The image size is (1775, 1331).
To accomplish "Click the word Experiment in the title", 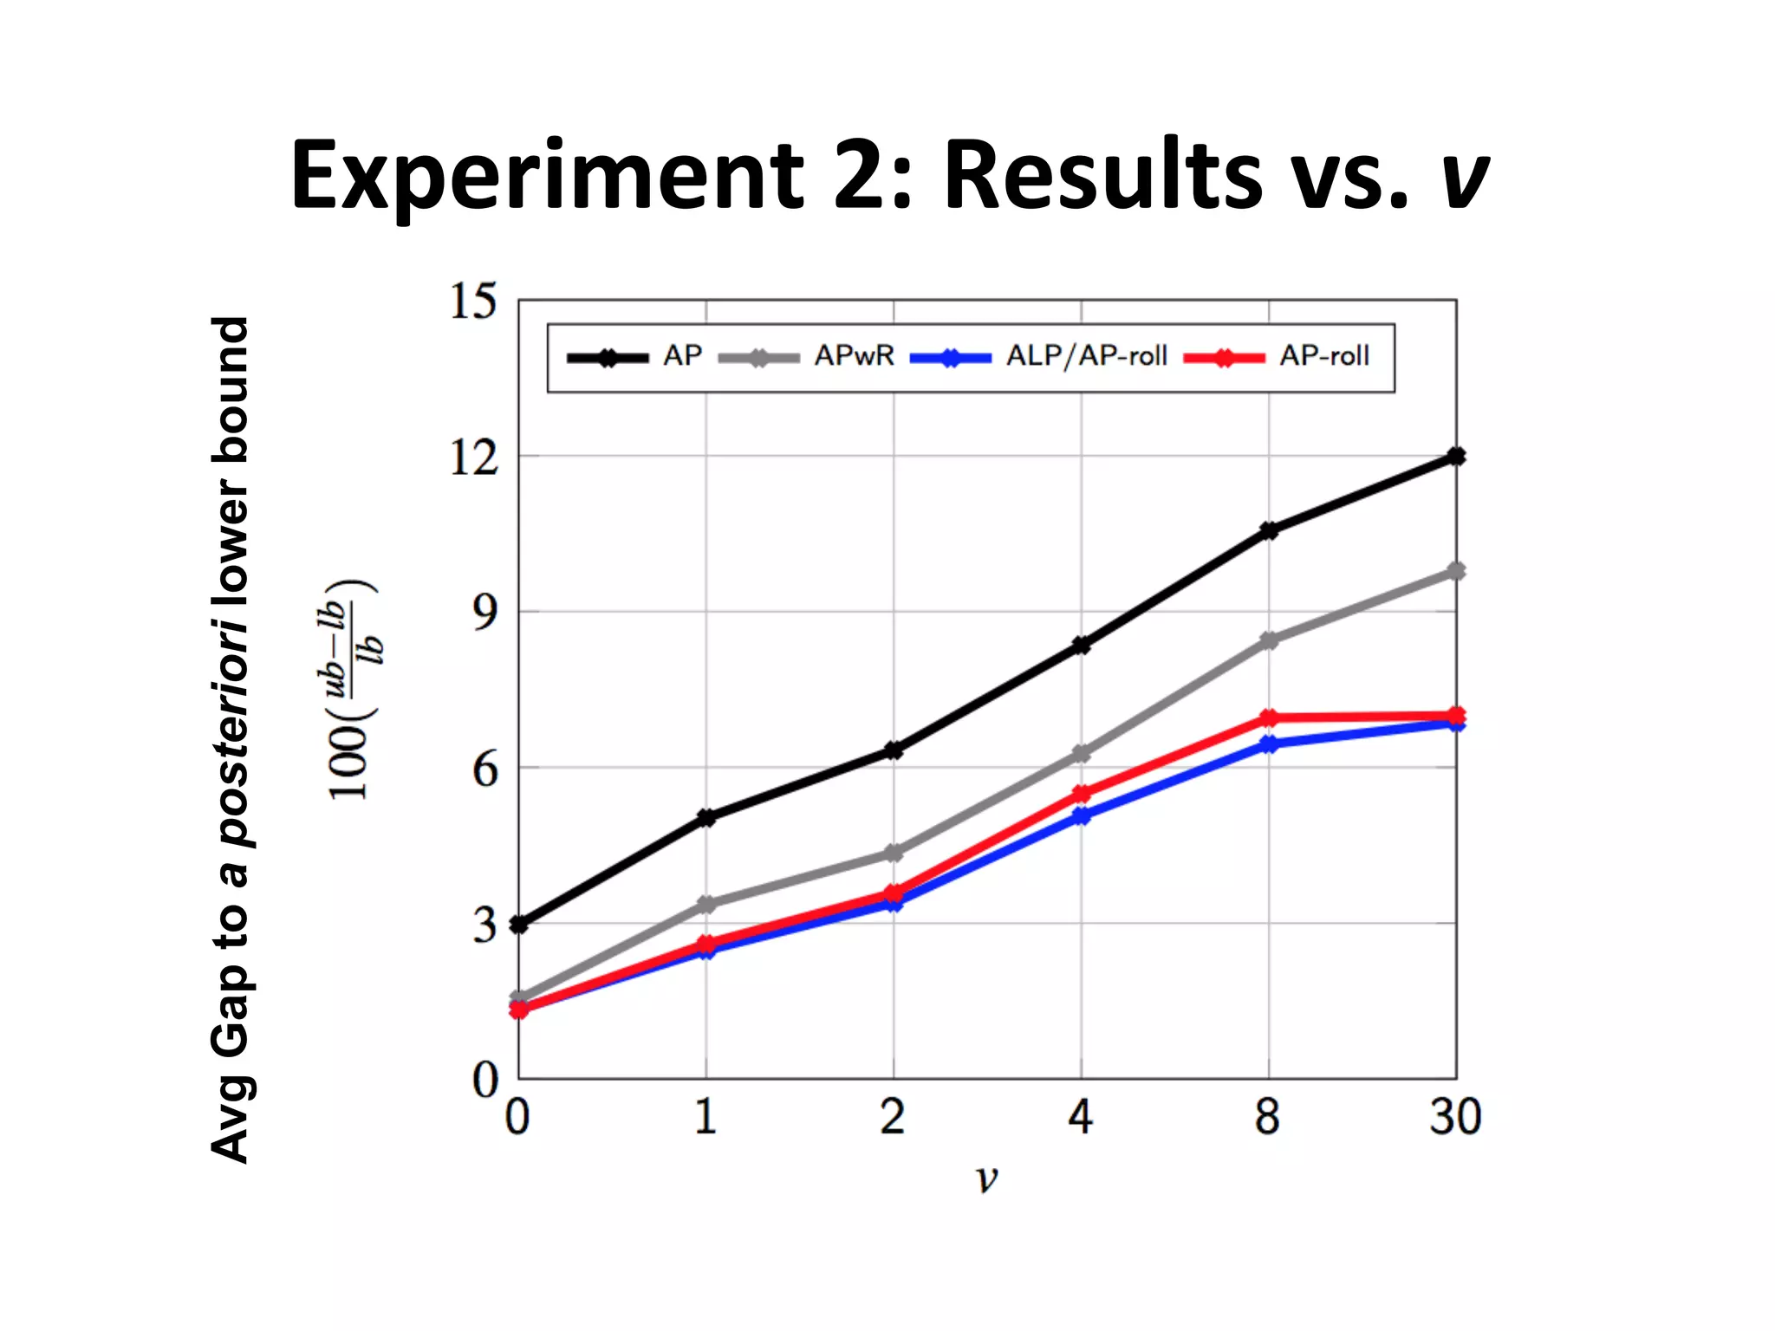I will [548, 177].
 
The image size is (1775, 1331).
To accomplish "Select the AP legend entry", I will [682, 356].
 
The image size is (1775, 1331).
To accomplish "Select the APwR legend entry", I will [853, 356].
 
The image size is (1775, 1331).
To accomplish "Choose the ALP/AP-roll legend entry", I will [1086, 356].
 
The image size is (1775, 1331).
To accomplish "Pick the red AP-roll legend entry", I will [1323, 356].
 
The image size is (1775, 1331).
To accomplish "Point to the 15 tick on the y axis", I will [473, 302].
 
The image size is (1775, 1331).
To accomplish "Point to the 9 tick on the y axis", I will [484, 613].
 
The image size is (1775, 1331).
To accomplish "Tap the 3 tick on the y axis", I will [484, 925].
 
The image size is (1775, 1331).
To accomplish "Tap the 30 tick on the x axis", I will [1455, 1117].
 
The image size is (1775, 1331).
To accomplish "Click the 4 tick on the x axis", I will [1080, 1117].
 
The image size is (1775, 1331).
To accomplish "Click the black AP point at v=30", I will [1456, 457].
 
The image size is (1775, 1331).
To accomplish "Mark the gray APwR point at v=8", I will [1269, 641].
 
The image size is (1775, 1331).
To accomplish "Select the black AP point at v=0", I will [519, 925].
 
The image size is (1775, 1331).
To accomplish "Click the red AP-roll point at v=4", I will [1082, 794].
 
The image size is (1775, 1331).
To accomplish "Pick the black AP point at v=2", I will [894, 750].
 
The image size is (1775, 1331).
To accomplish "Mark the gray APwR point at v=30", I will [1456, 571].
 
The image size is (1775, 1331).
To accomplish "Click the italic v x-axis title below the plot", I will [986, 1179].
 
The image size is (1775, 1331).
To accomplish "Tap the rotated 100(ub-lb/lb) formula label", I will [351, 689].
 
